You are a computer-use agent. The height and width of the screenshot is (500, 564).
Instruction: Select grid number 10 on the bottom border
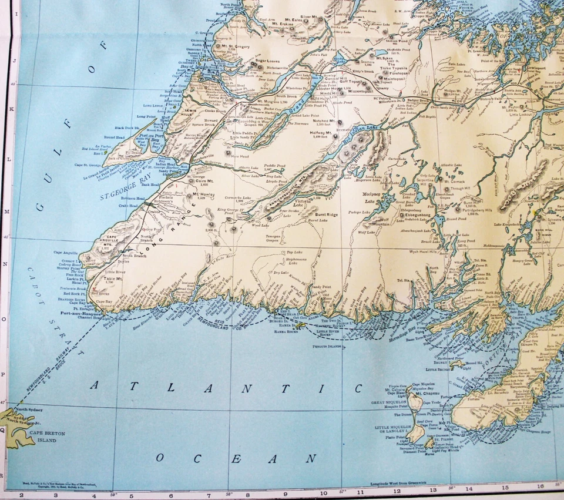[323, 492]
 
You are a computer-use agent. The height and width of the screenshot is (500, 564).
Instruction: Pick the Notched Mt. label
[324, 120]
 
